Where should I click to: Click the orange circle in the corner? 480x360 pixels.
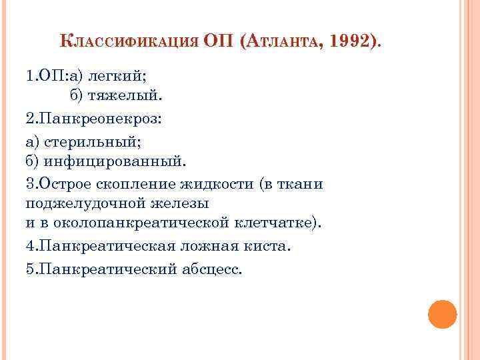442,314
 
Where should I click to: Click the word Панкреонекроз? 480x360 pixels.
99,119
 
